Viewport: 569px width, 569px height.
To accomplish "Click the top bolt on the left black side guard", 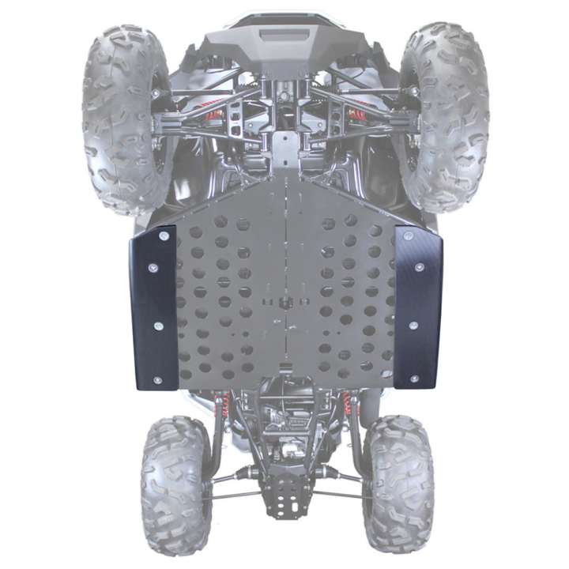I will click(164, 236).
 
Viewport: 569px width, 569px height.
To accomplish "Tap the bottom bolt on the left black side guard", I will click(157, 381).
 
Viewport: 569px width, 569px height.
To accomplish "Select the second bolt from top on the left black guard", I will click(153, 268).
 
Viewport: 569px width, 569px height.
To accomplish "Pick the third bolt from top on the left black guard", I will click(158, 326).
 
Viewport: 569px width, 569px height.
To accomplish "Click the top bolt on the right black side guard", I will click(408, 236).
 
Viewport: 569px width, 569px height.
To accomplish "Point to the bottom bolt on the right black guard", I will click(412, 380).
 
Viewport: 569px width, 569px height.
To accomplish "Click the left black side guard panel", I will click(153, 308).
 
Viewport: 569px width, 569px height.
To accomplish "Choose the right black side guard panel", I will click(417, 308).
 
